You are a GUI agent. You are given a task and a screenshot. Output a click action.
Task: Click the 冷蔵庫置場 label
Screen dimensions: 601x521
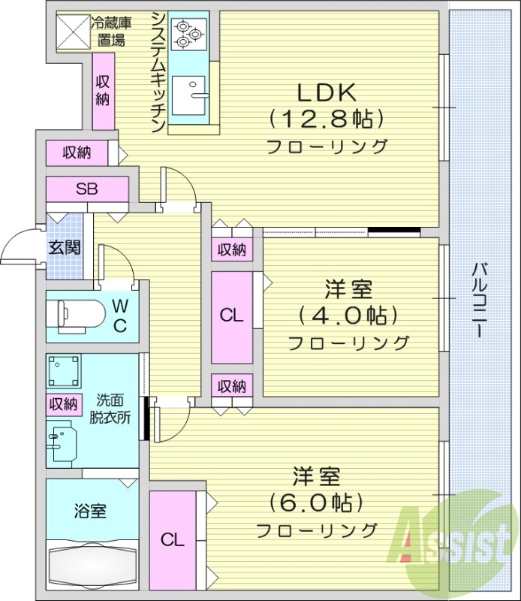tap(108, 32)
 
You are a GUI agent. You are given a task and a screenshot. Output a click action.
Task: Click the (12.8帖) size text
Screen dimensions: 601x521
tap(325, 119)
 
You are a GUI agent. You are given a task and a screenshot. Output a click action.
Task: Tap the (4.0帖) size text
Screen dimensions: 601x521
tap(348, 315)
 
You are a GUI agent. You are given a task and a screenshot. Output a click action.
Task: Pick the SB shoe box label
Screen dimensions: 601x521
tap(86, 189)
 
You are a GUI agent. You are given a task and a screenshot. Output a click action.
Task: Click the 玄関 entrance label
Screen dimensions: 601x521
tap(65, 247)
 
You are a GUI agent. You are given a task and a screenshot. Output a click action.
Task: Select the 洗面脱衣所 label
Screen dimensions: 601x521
tap(113, 408)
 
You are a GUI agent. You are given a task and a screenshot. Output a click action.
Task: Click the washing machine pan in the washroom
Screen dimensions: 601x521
tap(65, 373)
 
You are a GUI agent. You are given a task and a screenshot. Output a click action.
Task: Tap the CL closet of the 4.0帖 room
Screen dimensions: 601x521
tap(231, 316)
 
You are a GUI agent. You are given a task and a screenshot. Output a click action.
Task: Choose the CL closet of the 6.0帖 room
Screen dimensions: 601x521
tap(172, 539)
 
